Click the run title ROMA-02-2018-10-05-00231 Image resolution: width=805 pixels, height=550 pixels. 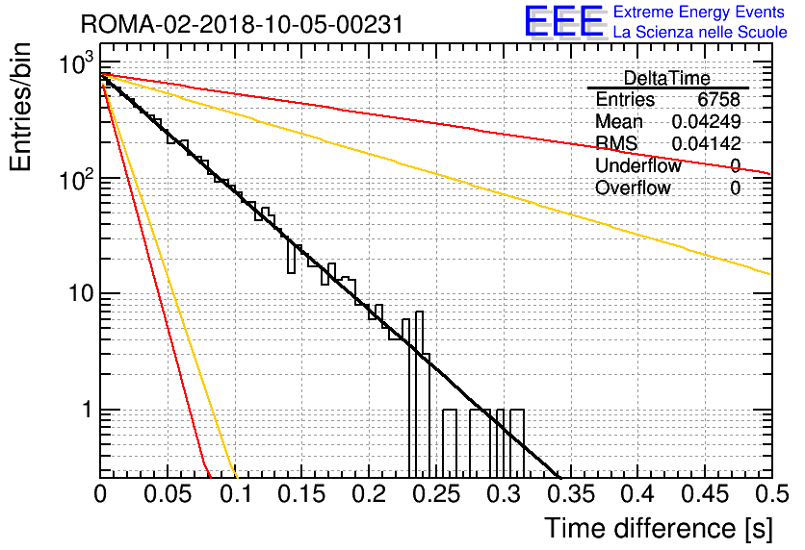[x=242, y=24]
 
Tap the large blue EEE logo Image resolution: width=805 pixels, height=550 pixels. [x=564, y=21]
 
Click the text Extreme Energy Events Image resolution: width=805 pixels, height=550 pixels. [x=699, y=12]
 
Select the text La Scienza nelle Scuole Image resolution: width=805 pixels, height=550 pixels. [x=700, y=32]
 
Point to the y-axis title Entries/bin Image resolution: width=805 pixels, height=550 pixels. [x=20, y=108]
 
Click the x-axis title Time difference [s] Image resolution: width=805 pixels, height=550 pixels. [x=659, y=528]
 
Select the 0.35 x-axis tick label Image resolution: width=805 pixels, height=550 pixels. [x=571, y=494]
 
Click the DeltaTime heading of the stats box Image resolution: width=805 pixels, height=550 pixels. [x=666, y=78]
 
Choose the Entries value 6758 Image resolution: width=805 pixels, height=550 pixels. [x=718, y=99]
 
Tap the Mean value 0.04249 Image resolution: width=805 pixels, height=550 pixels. [x=706, y=121]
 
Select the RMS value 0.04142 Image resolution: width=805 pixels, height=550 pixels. [x=706, y=143]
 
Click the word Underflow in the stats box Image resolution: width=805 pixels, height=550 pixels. [x=638, y=165]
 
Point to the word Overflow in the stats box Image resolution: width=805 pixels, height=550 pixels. [x=633, y=187]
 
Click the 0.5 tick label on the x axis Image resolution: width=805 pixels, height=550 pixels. [x=771, y=494]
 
